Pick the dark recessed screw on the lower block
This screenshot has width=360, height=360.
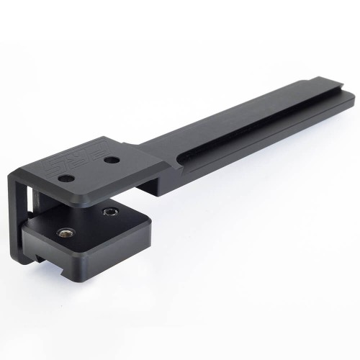pyautogui.click(x=110, y=212)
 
